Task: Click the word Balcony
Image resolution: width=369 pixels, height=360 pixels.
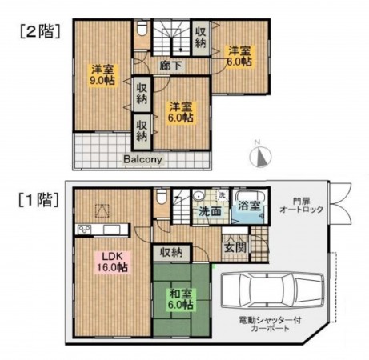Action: coord(143,158)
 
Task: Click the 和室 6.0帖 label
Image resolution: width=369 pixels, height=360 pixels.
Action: coord(180,298)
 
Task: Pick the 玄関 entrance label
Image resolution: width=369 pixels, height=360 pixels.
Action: coord(234,247)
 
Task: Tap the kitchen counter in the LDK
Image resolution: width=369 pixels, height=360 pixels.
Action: coord(100,230)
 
